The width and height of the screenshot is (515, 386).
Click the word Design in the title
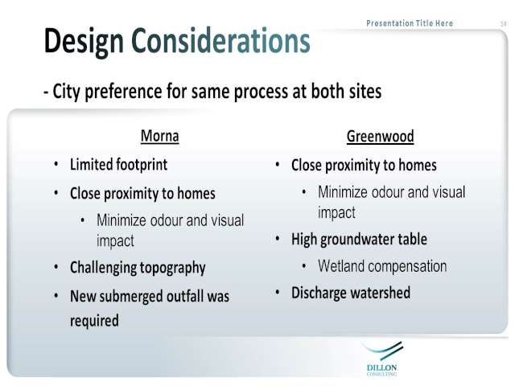tap(84, 43)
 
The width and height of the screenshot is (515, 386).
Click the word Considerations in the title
tap(220, 41)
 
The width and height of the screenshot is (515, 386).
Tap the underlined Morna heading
tap(160, 136)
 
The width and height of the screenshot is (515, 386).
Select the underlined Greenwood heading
tap(381, 137)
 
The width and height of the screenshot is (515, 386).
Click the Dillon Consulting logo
tap(382, 359)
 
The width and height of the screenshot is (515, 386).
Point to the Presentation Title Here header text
tap(410, 23)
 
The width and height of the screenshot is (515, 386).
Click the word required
tap(94, 321)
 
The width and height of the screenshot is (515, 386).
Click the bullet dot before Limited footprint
tap(56, 164)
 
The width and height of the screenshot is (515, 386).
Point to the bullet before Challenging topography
tap(56, 267)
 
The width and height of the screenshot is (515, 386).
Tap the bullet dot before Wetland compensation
tap(304, 266)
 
